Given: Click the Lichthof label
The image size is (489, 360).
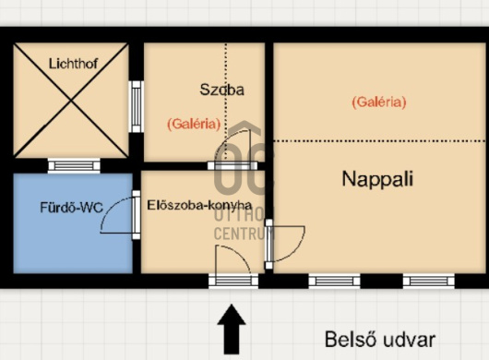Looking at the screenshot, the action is pyautogui.click(x=73, y=64).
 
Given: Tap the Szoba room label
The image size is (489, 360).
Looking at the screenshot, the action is pyautogui.click(x=221, y=90).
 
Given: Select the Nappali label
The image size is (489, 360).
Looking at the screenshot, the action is pyautogui.click(x=377, y=179).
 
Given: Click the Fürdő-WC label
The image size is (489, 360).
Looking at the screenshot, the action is pyautogui.click(x=71, y=208).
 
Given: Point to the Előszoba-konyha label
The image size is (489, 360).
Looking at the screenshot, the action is pyautogui.click(x=199, y=205).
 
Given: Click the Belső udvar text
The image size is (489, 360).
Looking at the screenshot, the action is pyautogui.click(x=380, y=340).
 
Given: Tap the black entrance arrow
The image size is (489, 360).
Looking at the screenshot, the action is pyautogui.click(x=232, y=330).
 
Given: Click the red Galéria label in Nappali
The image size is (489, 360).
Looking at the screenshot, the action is pyautogui.click(x=379, y=102).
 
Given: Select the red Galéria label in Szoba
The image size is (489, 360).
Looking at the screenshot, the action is pyautogui.click(x=194, y=125).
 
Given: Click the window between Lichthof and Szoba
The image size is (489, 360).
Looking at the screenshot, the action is pyautogui.click(x=137, y=107).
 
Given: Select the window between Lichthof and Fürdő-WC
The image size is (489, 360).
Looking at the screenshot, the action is pyautogui.click(x=74, y=165).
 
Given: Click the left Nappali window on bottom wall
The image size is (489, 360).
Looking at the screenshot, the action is pyautogui.click(x=334, y=281).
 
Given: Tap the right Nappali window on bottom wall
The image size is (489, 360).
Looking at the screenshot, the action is pyautogui.click(x=428, y=281).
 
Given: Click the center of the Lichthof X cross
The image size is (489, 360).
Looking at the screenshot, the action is pyautogui.click(x=71, y=101).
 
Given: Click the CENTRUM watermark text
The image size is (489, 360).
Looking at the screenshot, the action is pyautogui.click(x=244, y=234).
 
